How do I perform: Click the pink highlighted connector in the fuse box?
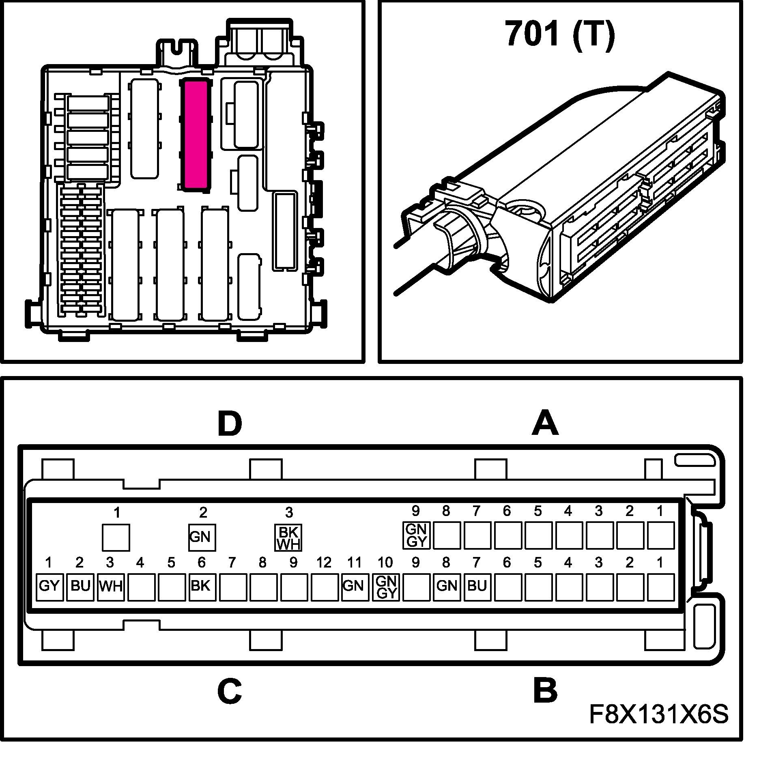(x=196, y=135)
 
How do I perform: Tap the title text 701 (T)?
(x=560, y=34)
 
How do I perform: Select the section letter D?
(x=230, y=425)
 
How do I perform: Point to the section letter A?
(x=545, y=423)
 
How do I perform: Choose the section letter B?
(x=545, y=691)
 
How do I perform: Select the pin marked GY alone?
(x=49, y=587)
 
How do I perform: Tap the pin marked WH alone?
(x=111, y=587)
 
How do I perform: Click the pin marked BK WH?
(x=288, y=538)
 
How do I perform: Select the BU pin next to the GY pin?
(x=80, y=587)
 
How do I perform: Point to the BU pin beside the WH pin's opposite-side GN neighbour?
(x=477, y=587)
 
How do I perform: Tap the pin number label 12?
(x=324, y=563)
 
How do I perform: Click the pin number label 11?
(x=354, y=563)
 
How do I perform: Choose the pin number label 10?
(x=385, y=563)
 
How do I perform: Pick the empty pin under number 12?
(x=324, y=587)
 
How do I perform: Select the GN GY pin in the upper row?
(x=416, y=535)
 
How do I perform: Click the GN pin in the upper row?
(x=202, y=538)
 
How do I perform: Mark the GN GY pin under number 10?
(x=385, y=587)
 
